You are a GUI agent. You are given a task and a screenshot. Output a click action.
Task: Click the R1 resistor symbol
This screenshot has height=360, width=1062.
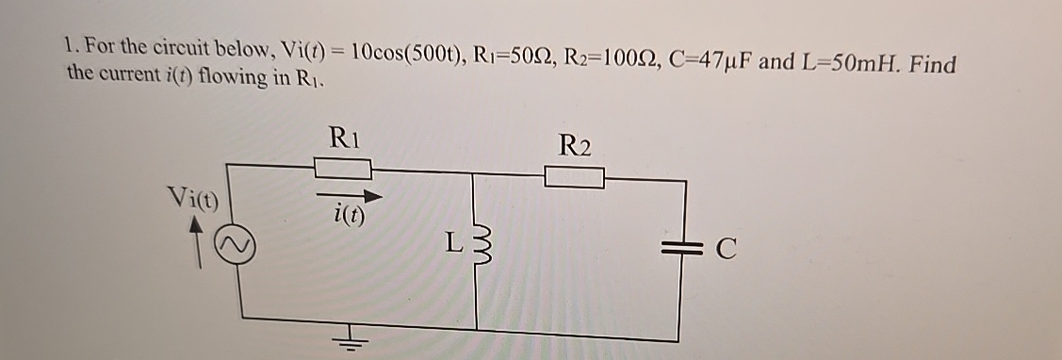pos(341,169)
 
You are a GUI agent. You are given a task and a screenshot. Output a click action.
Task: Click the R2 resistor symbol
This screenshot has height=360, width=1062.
pos(574,176)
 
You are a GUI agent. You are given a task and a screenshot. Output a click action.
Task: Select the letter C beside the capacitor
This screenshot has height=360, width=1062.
pos(724,252)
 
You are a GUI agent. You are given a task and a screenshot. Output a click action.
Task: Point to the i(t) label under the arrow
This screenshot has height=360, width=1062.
pos(349,216)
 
